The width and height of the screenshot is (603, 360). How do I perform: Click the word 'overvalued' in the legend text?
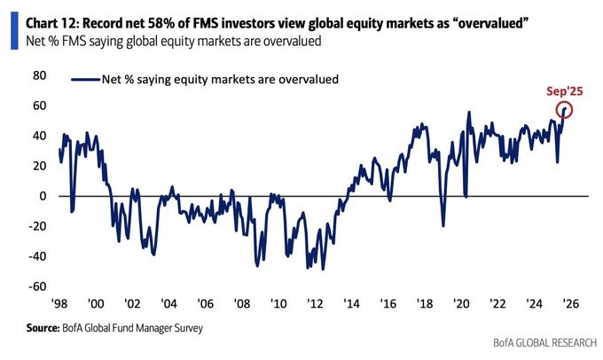pyautogui.click(x=305, y=79)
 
